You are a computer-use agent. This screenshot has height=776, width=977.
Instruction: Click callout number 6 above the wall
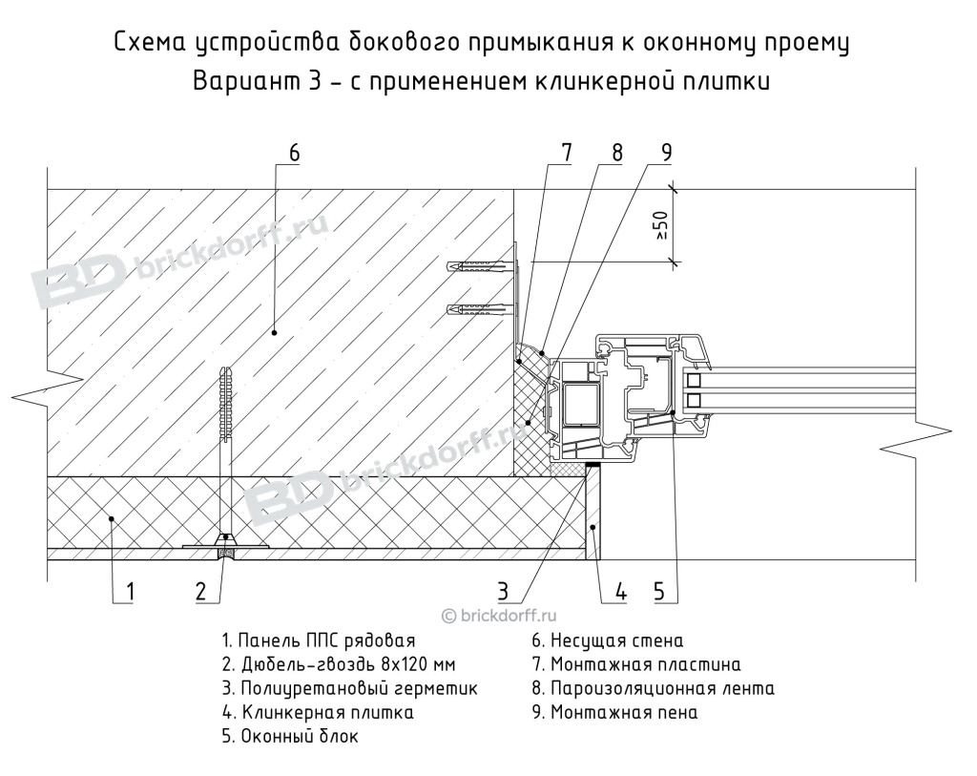(294, 153)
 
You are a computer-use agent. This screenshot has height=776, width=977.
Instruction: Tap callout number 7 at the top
(566, 153)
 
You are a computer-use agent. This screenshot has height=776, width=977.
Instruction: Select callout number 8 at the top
(617, 153)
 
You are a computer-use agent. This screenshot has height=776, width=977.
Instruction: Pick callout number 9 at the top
(666, 153)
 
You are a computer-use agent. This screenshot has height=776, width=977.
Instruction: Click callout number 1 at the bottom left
(130, 592)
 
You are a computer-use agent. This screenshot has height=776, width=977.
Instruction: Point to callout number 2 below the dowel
(201, 592)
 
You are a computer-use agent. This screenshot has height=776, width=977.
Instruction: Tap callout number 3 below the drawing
(504, 592)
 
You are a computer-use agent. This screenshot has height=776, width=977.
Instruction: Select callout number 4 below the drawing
(619, 592)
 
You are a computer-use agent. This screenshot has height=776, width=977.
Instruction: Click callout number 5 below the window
(659, 592)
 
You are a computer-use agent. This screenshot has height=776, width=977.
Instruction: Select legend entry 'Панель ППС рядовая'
(319, 640)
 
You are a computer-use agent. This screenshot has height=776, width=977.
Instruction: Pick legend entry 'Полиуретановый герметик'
(349, 688)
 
